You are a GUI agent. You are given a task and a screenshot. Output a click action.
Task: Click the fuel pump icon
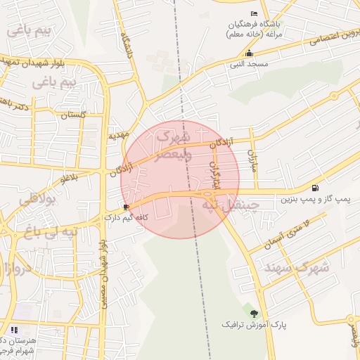point(314,188)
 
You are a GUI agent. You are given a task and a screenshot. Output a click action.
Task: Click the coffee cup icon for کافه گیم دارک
point(125,207)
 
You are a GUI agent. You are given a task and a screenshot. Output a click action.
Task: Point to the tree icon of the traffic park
point(254,314)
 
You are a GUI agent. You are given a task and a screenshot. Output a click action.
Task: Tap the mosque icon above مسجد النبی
point(248,53)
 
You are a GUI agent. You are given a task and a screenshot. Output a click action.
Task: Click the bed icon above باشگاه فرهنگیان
point(254,13)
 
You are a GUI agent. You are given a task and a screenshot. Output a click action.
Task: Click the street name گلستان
point(74,114)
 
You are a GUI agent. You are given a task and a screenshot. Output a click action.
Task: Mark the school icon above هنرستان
point(14,329)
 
